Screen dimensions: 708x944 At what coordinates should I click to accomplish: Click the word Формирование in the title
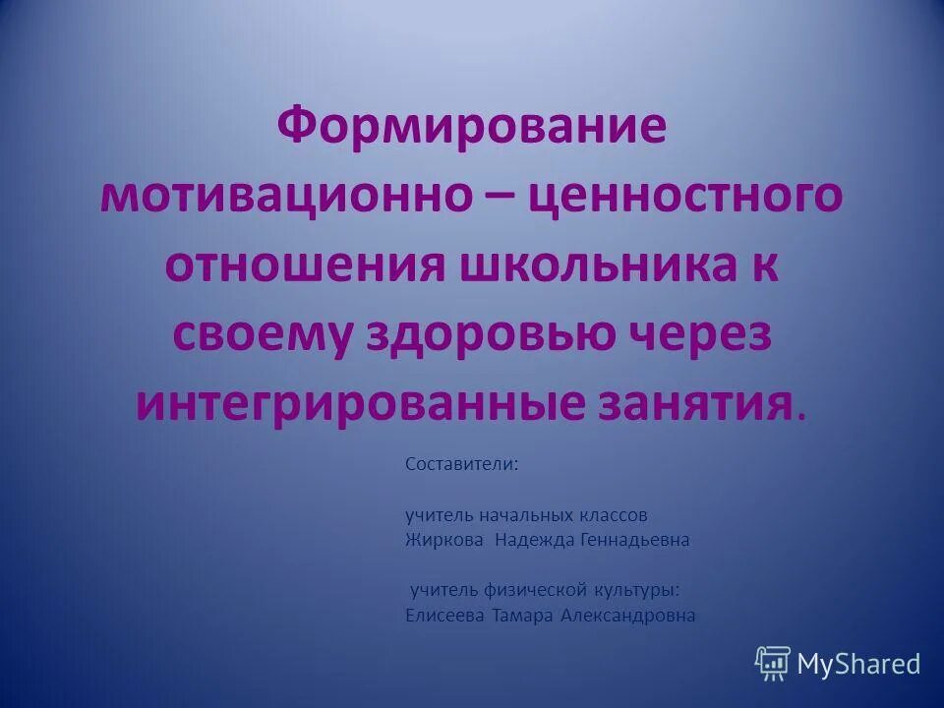tap(471, 127)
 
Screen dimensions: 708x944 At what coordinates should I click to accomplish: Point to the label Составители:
tap(462, 463)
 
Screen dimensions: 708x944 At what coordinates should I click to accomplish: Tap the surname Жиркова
tap(444, 540)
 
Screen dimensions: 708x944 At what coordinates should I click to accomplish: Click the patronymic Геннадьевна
tap(635, 540)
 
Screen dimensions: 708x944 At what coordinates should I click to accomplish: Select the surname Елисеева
tap(443, 616)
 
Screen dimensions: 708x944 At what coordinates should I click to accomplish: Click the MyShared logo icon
tap(773, 663)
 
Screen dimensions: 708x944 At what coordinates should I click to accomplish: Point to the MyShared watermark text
tap(858, 664)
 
